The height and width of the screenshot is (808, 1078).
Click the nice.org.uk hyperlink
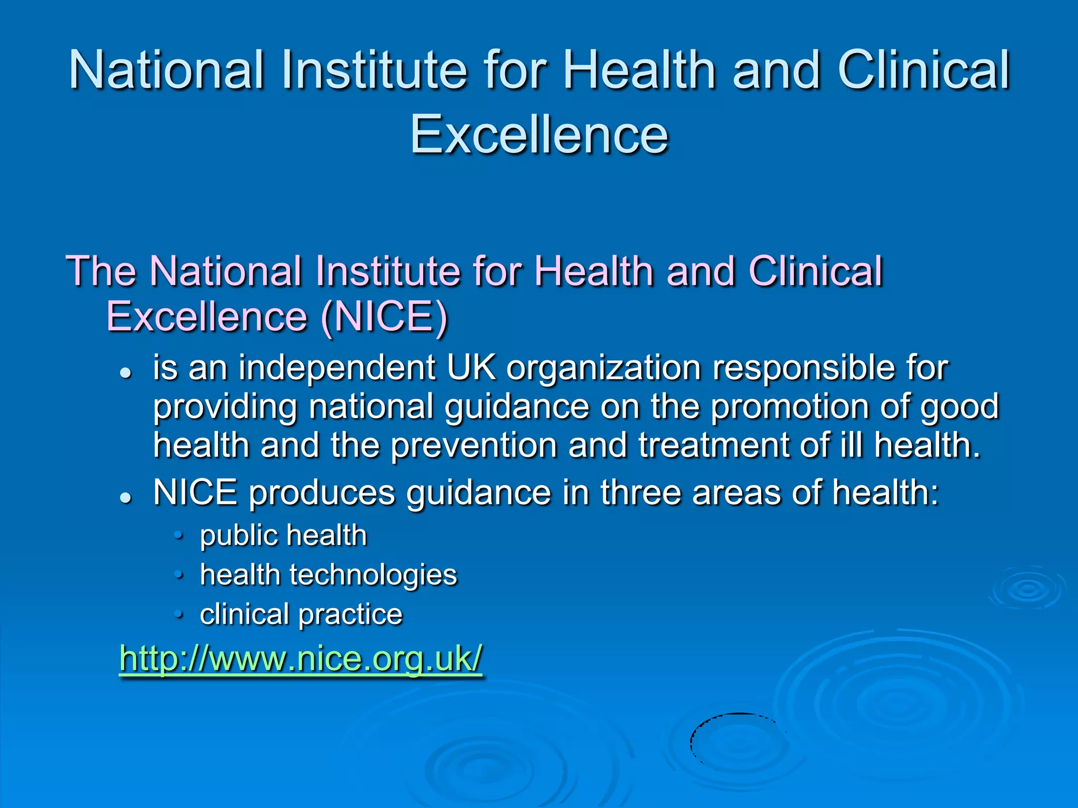tap(301, 658)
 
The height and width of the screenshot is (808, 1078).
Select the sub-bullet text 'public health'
tap(283, 536)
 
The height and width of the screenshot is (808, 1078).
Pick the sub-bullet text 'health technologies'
tap(328, 574)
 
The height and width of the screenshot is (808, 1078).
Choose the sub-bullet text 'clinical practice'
tap(301, 614)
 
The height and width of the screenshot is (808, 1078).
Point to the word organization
tap(603, 368)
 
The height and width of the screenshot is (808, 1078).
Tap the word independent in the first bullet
tap(337, 368)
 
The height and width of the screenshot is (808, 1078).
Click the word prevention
tap(474, 446)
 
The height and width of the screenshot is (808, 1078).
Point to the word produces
tap(322, 494)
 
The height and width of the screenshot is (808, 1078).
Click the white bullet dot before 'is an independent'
tap(125, 373)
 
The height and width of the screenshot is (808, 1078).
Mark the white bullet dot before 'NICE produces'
tap(125, 498)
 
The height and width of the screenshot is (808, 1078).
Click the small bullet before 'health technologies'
tap(179, 575)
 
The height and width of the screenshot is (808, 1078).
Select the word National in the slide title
tap(166, 70)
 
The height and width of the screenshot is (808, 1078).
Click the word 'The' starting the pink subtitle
tap(101, 271)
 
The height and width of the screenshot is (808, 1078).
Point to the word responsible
tap(803, 368)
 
